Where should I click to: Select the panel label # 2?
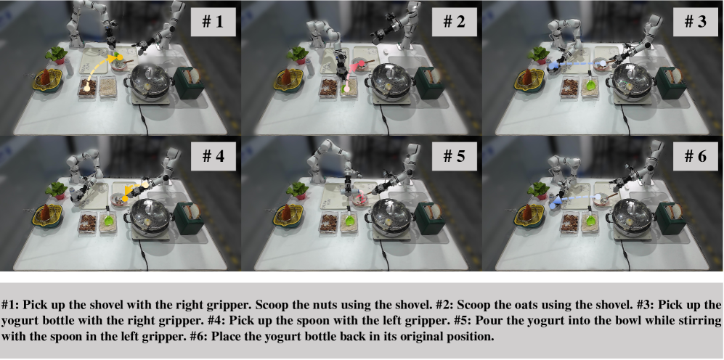(454, 22)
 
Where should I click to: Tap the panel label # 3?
(695, 22)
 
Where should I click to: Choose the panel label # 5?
(454, 156)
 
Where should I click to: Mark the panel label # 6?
(695, 156)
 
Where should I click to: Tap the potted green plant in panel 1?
(57, 55)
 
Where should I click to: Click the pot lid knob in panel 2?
(389, 69)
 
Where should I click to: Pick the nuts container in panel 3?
(569, 88)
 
